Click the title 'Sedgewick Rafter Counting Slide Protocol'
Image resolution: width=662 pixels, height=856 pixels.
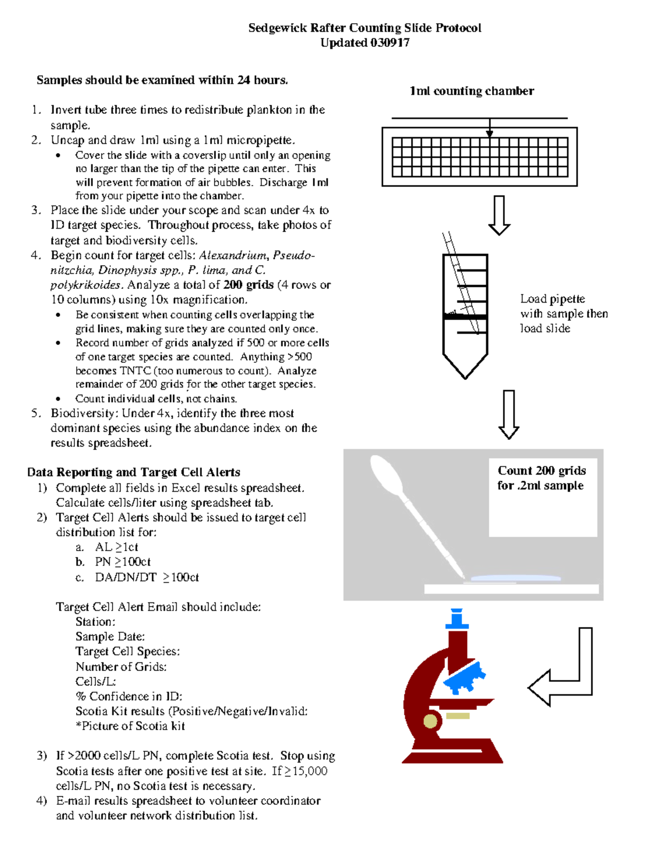(x=365, y=28)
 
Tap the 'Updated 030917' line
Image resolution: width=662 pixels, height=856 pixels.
(x=365, y=43)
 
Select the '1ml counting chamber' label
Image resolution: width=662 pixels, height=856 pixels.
(x=472, y=91)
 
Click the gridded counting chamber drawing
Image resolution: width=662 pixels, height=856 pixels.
(x=479, y=157)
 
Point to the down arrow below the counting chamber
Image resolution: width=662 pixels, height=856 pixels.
(x=499, y=215)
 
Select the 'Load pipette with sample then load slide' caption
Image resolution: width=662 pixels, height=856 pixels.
(x=563, y=313)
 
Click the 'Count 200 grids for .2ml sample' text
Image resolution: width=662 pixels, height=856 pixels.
(x=541, y=478)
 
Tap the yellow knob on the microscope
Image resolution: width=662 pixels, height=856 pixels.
(x=430, y=720)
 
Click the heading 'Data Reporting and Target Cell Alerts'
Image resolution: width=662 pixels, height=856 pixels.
(x=134, y=472)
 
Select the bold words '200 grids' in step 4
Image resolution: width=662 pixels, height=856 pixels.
(x=248, y=285)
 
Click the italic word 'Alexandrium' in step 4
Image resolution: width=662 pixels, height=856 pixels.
(x=233, y=255)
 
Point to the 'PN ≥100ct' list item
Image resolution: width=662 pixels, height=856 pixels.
(x=122, y=562)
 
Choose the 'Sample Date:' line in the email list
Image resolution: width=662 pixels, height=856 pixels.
(x=110, y=637)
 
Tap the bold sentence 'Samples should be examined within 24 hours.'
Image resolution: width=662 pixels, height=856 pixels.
(x=162, y=80)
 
